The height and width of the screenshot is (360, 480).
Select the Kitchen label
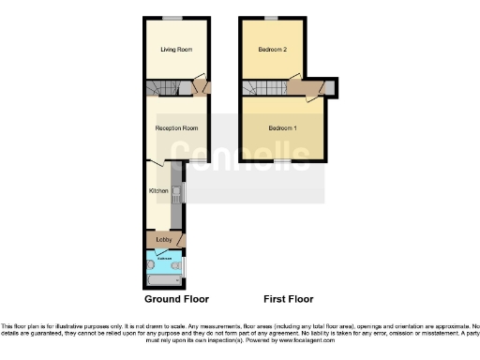[158, 191]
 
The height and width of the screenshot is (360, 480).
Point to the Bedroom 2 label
[270, 49]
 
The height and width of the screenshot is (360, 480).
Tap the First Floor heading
[288, 299]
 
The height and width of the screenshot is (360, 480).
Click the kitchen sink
[174, 192]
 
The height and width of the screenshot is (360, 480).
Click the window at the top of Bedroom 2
[270, 18]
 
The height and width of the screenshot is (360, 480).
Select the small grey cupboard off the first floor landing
[332, 88]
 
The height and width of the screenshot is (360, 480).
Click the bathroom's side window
[185, 266]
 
